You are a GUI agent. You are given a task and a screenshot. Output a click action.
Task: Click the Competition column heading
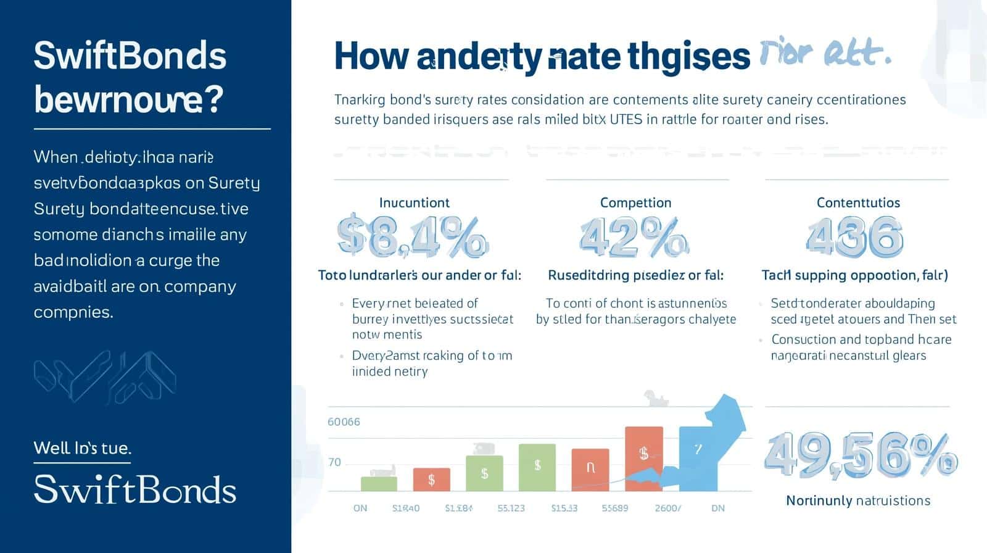coord(635,202)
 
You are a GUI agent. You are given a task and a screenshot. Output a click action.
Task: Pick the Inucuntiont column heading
coord(414,202)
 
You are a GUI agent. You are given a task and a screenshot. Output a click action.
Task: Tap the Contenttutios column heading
coord(858,202)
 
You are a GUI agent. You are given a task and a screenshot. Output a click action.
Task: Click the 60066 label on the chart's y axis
coord(344,422)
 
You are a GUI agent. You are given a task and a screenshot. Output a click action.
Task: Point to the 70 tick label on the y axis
coord(334,462)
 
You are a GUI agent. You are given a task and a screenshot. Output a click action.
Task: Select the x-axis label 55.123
coord(511,508)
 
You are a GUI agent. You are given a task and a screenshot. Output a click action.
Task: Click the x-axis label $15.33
coord(564,508)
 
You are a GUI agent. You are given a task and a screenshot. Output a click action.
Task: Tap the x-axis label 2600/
coord(668,508)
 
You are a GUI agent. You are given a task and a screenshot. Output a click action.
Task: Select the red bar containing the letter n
coord(590,470)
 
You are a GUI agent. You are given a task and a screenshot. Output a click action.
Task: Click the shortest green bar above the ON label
coord(379,483)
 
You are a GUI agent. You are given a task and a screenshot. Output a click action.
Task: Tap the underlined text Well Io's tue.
coord(82,447)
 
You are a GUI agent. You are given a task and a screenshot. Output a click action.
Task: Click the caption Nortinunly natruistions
coord(857,501)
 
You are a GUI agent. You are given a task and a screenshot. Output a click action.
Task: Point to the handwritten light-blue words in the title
coord(825,54)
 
